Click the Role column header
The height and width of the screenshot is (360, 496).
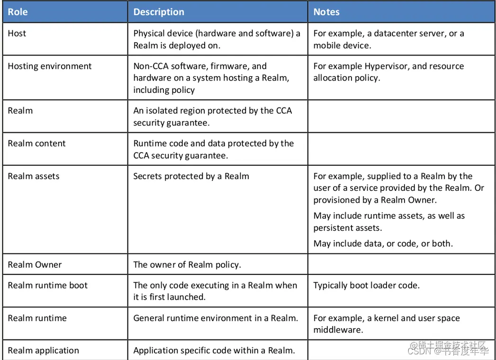[x=18, y=12]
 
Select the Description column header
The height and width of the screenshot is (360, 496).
[x=159, y=12]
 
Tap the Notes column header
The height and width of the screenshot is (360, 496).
[x=326, y=12]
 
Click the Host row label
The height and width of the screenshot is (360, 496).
[x=17, y=34]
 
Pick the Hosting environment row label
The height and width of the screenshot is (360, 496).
[x=50, y=66]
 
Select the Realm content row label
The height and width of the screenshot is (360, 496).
[x=36, y=144]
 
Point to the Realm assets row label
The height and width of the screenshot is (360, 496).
[x=34, y=176]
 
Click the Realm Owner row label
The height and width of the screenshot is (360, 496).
[x=35, y=265]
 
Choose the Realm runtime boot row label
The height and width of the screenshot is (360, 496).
[x=48, y=286]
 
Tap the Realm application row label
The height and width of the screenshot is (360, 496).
[x=43, y=351]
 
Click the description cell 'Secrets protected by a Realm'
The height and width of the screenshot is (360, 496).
[x=191, y=176]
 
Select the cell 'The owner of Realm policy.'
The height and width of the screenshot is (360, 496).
[x=187, y=265]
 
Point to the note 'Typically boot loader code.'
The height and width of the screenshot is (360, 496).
[x=366, y=286]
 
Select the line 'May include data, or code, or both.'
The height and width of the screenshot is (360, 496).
[x=383, y=244]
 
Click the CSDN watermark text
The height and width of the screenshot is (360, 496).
[x=419, y=351]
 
